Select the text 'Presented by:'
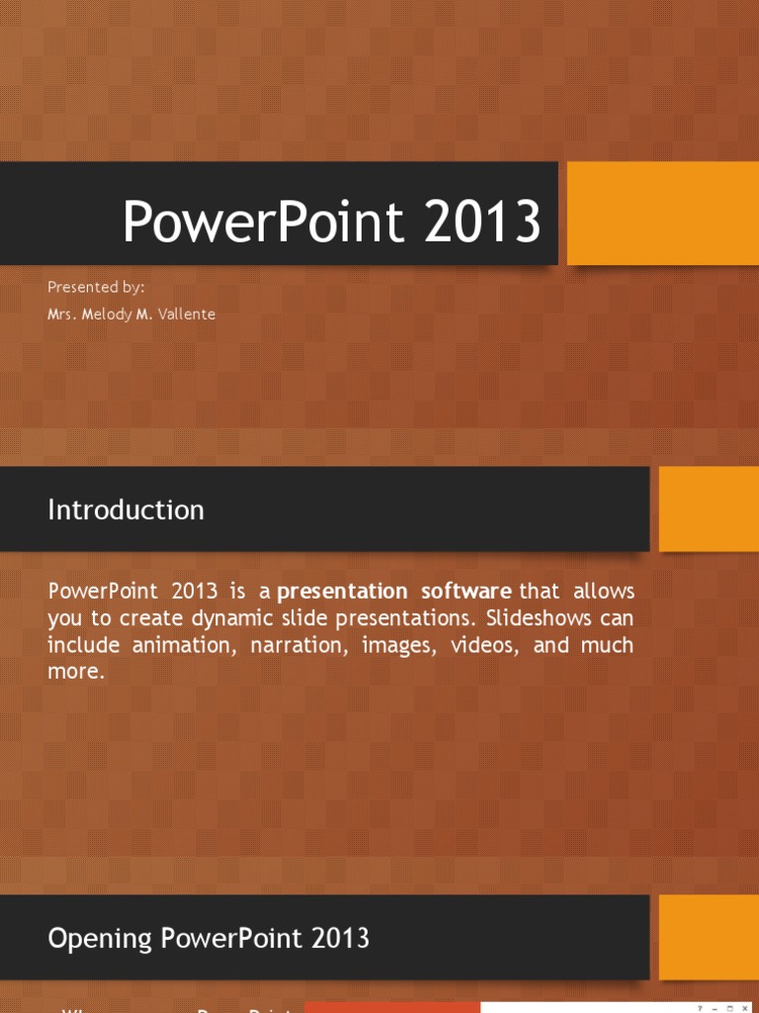[x=96, y=287]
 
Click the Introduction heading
[x=126, y=509]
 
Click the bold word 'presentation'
[x=342, y=592]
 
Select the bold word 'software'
[x=466, y=592]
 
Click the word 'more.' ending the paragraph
[x=76, y=672]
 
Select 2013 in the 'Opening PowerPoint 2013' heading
[x=340, y=938]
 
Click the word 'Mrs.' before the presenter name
[x=62, y=315]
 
